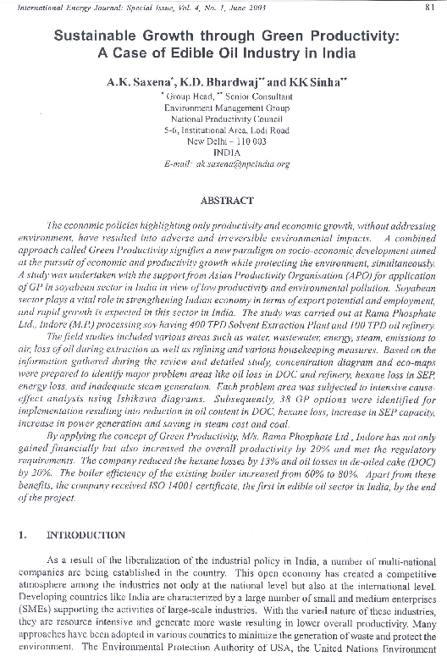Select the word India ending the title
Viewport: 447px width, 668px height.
334,54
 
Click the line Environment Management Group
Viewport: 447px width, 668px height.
223,108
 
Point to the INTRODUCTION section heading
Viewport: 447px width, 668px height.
87,535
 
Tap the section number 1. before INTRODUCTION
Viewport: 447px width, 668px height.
23,535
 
